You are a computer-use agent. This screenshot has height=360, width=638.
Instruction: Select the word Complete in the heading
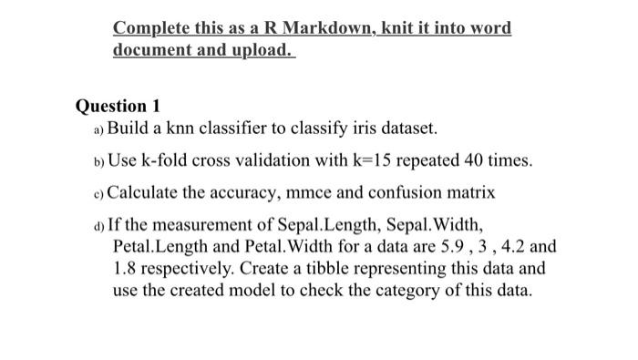tap(151, 28)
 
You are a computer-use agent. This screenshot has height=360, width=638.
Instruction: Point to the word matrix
tap(468, 193)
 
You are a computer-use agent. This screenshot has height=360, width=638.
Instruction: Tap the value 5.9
tap(444, 247)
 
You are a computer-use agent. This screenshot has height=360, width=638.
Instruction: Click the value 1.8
tap(126, 269)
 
